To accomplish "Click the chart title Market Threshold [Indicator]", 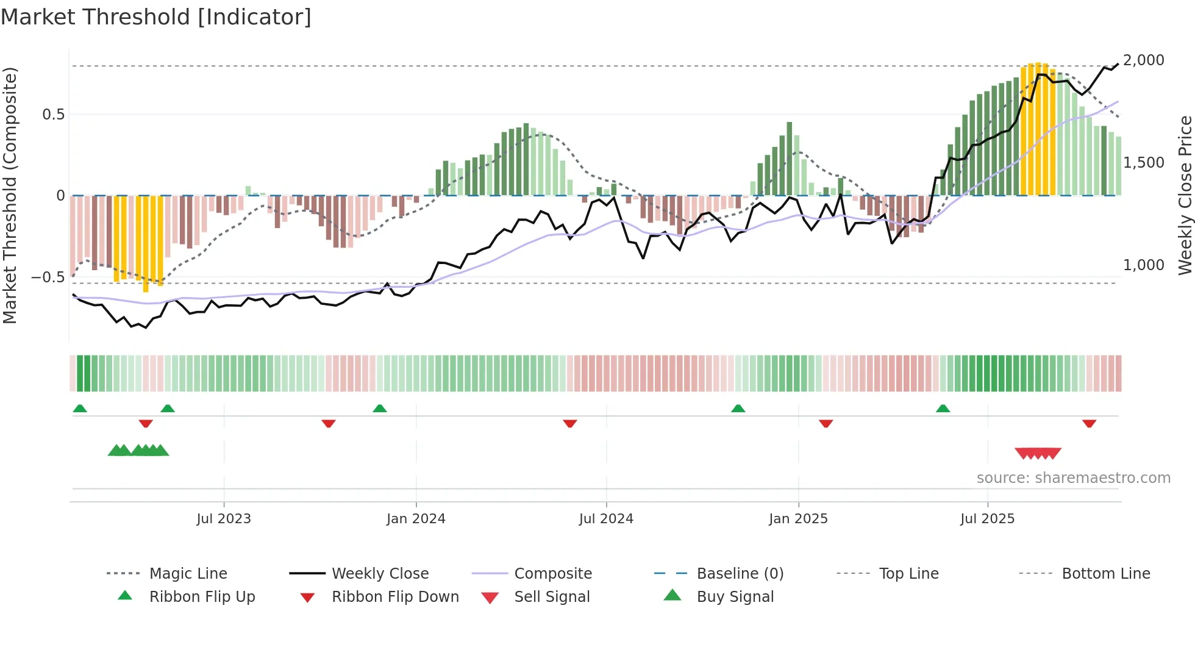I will (x=156, y=17).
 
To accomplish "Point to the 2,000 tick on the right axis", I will (x=1143, y=60).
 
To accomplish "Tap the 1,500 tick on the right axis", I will (x=1143, y=163).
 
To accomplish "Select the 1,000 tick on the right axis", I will (x=1143, y=265).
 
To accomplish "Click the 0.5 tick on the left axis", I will (x=53, y=115).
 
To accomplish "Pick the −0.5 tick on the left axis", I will (x=48, y=277).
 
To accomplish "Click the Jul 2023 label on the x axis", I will (x=224, y=519).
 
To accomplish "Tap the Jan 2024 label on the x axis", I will (x=416, y=519).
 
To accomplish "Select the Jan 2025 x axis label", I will (x=798, y=519).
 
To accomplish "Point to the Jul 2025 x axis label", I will (x=987, y=519).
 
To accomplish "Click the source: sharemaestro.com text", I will (x=1073, y=478).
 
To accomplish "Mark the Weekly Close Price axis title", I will (x=1185, y=195).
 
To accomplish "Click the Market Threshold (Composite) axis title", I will (x=10, y=195).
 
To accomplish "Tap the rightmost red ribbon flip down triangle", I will (x=1089, y=424).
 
